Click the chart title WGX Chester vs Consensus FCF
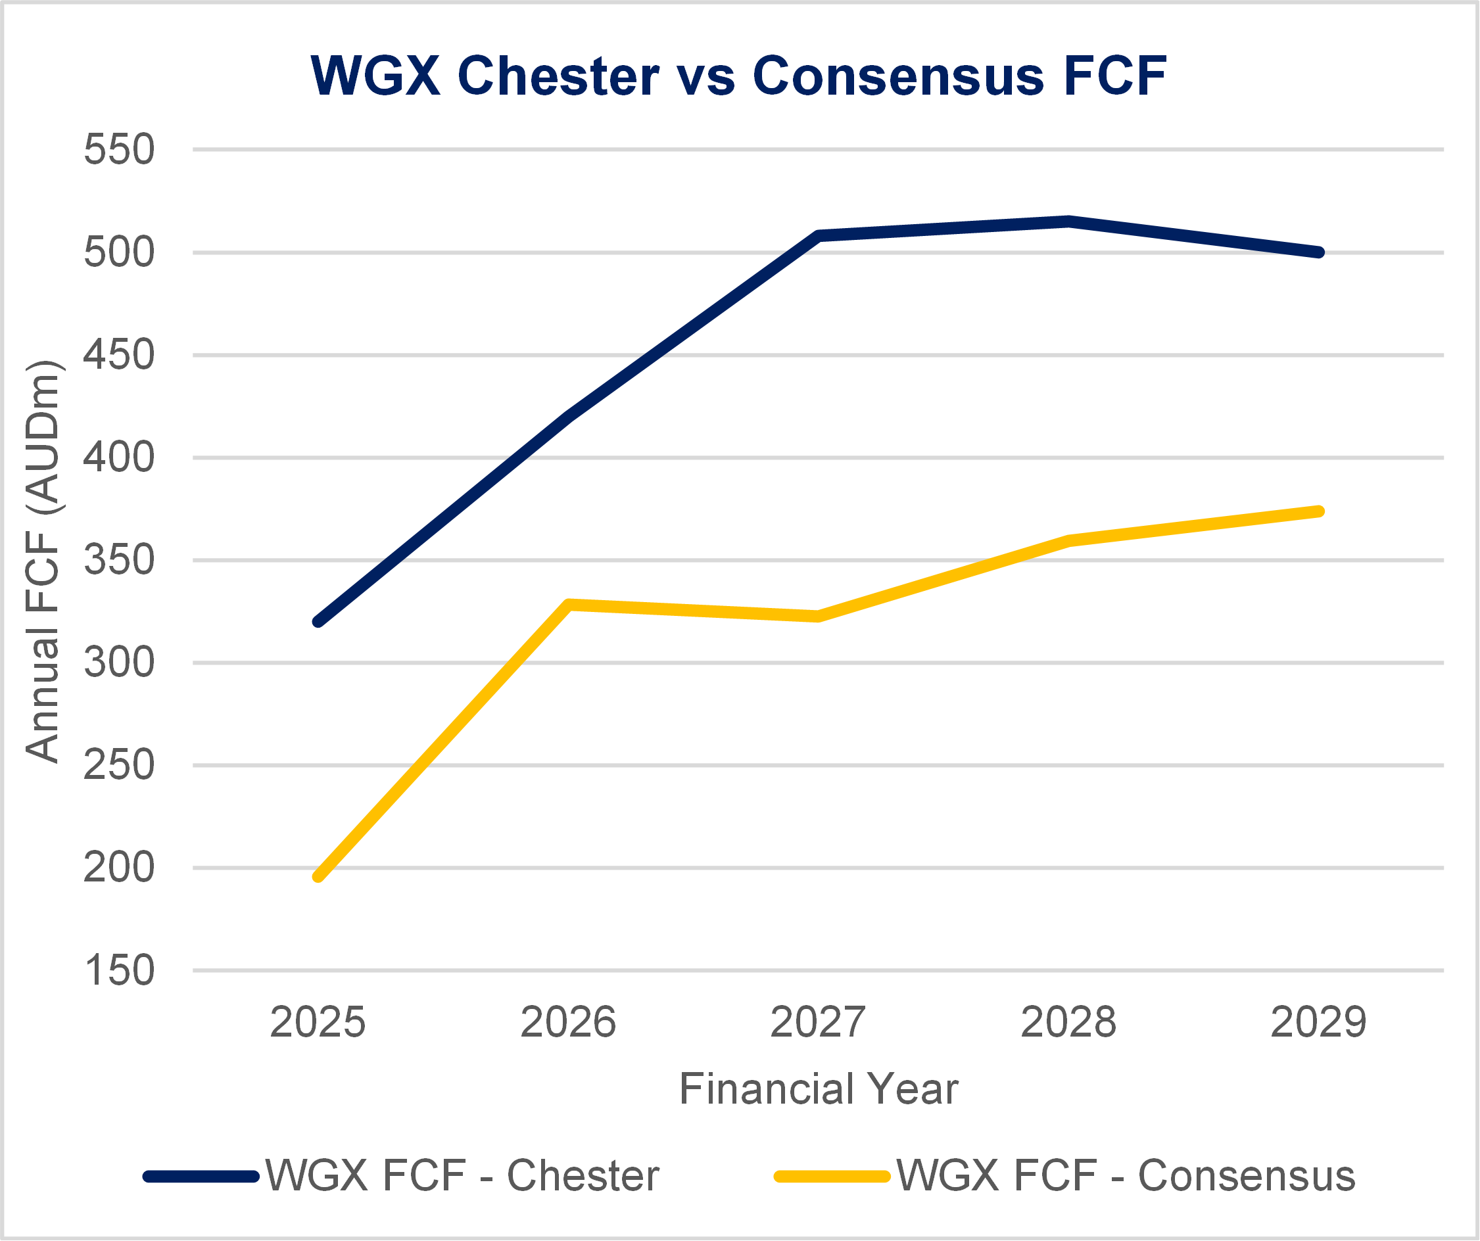[738, 76]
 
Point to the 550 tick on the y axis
[118, 149]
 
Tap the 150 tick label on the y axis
[118, 970]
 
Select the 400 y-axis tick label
[118, 457]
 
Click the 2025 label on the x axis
[318, 1023]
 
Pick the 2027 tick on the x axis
[817, 1023]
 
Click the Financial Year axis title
[818, 1089]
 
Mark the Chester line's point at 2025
[318, 622]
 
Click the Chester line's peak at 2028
[1068, 222]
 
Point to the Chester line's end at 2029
[1319, 252]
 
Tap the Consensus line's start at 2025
[318, 877]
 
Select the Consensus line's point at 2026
[569, 605]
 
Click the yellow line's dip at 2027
[817, 617]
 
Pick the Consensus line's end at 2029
[1319, 511]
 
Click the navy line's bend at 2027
[817, 235]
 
